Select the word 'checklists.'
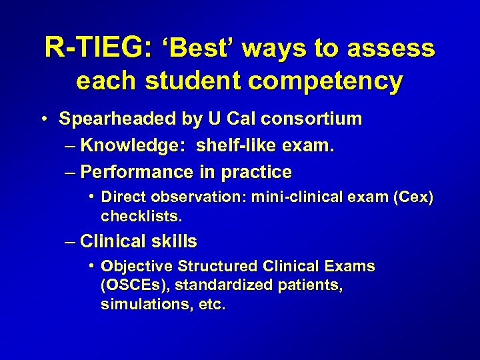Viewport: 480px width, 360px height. click(141, 217)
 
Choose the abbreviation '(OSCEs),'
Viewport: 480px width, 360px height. click(136, 286)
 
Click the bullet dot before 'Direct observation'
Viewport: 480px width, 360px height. click(91, 197)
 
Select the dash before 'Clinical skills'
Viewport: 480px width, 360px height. click(70, 241)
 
